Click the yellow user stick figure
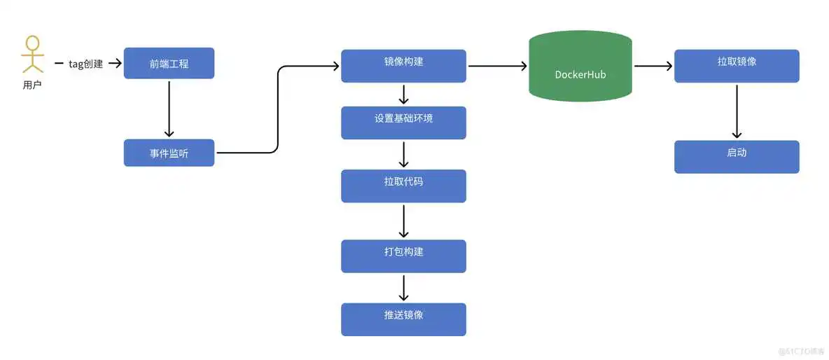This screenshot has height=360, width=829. (32, 55)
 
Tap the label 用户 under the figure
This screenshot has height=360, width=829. (32, 85)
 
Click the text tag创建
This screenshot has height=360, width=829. (85, 64)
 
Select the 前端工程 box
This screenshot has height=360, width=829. (169, 64)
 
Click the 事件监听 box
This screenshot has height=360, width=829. (169, 153)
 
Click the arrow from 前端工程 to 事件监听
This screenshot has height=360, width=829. (169, 109)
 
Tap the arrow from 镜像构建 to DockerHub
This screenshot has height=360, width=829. (497, 66)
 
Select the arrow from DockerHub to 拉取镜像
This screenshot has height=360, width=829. (653, 66)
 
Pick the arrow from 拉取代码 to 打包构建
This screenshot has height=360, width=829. (403, 221)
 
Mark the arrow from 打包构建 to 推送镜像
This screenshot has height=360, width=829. (403, 287)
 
